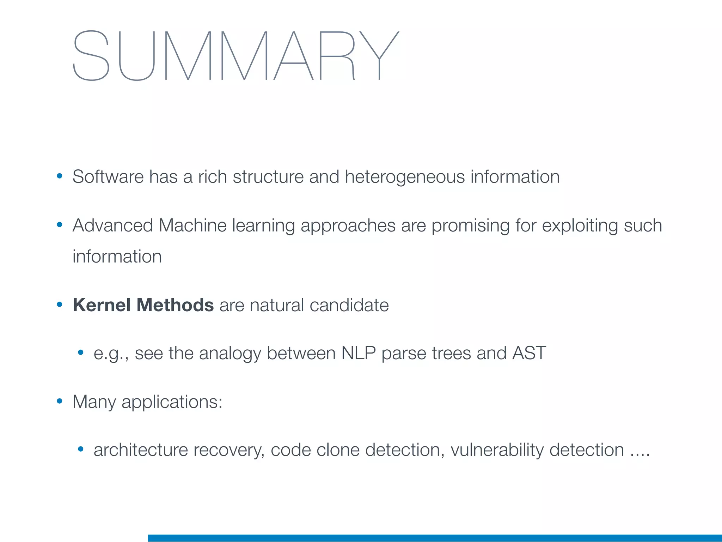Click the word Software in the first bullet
coord(108,177)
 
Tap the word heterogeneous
coord(405,177)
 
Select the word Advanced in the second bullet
coord(112,225)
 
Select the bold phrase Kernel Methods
coord(143,305)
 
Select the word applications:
coord(172,402)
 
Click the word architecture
coord(141,450)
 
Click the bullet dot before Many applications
coord(60,401)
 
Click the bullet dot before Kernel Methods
coord(60,305)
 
